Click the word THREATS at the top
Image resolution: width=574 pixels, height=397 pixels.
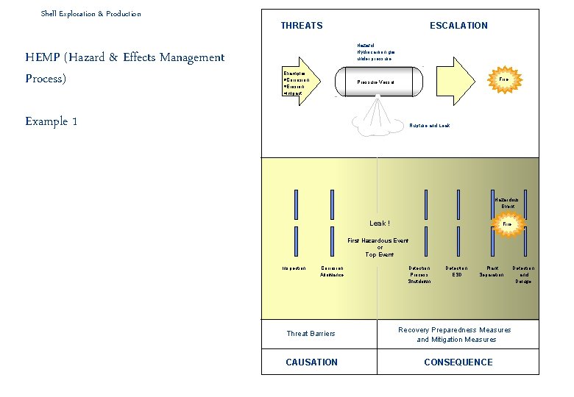[x=302, y=26]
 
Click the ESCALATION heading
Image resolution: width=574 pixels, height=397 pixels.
[x=458, y=26]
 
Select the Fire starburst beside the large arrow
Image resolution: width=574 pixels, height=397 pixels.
[x=504, y=79]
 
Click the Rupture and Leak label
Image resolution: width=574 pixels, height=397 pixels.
[x=429, y=126]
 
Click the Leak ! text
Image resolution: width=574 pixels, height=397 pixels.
[x=380, y=223]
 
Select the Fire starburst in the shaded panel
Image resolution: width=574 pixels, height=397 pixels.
[x=507, y=223]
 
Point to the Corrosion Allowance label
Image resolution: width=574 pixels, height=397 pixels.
[x=332, y=271]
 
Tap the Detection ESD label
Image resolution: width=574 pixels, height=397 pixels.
[x=457, y=271]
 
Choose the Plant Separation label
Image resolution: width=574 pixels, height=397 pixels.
[x=492, y=271]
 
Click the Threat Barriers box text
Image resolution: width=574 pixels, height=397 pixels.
[x=311, y=334]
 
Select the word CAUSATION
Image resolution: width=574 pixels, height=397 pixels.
[x=312, y=362]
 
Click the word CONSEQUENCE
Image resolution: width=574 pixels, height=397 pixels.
[x=458, y=362]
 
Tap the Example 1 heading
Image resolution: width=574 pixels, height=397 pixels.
[x=52, y=121]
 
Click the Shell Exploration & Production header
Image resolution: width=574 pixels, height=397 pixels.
[x=91, y=13]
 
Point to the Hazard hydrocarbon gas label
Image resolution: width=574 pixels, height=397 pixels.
[x=375, y=51]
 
